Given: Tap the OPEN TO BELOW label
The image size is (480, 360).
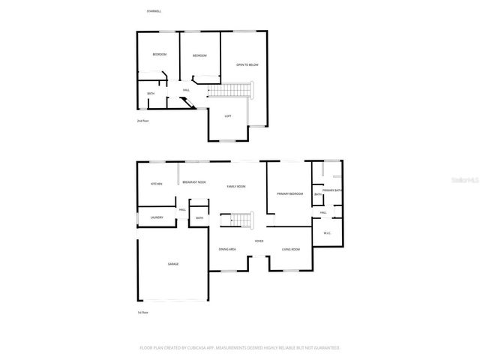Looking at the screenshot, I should point(247,65).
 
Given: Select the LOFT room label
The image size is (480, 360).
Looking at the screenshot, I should point(228,115).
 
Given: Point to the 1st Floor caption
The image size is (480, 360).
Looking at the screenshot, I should point(142,312).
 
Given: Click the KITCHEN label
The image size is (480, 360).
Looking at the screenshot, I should point(156,184).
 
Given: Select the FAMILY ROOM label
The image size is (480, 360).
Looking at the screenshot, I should point(236,186).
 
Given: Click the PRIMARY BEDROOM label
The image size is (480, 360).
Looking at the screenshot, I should point(289,193).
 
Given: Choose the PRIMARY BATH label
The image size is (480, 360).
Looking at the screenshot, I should point(332,190).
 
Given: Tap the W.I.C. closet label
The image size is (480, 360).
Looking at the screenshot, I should point(328,233).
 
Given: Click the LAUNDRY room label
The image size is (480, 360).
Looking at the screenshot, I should point(156,217).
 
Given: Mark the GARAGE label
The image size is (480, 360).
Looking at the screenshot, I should point(172,264).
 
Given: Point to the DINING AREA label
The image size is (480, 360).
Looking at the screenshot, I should point(227,249).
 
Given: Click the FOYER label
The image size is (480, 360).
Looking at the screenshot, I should point(259,241).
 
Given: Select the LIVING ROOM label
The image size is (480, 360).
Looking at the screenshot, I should point(290,249).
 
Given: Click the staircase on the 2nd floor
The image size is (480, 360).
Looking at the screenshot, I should point(229,91).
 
